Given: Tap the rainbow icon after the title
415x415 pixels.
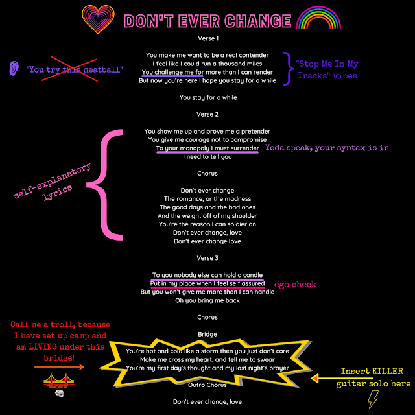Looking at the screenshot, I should (x=318, y=20).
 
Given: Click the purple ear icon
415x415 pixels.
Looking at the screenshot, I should (x=14, y=68).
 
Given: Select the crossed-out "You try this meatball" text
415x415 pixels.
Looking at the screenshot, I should (x=75, y=69).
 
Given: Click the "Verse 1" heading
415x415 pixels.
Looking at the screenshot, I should (x=207, y=39).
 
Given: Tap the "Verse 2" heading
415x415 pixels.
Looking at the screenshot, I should (x=207, y=115).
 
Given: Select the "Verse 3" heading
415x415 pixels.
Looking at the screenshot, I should (x=207, y=258).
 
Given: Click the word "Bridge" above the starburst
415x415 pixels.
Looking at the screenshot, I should (x=207, y=334).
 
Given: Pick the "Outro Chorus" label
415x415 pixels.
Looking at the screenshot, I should (x=207, y=385).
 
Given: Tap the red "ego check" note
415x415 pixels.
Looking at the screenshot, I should (x=295, y=285).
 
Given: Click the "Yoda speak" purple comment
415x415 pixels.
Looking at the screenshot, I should (x=327, y=147).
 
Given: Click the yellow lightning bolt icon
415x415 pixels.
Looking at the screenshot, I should (x=373, y=401).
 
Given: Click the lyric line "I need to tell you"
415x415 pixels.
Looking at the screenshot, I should (x=207, y=157).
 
